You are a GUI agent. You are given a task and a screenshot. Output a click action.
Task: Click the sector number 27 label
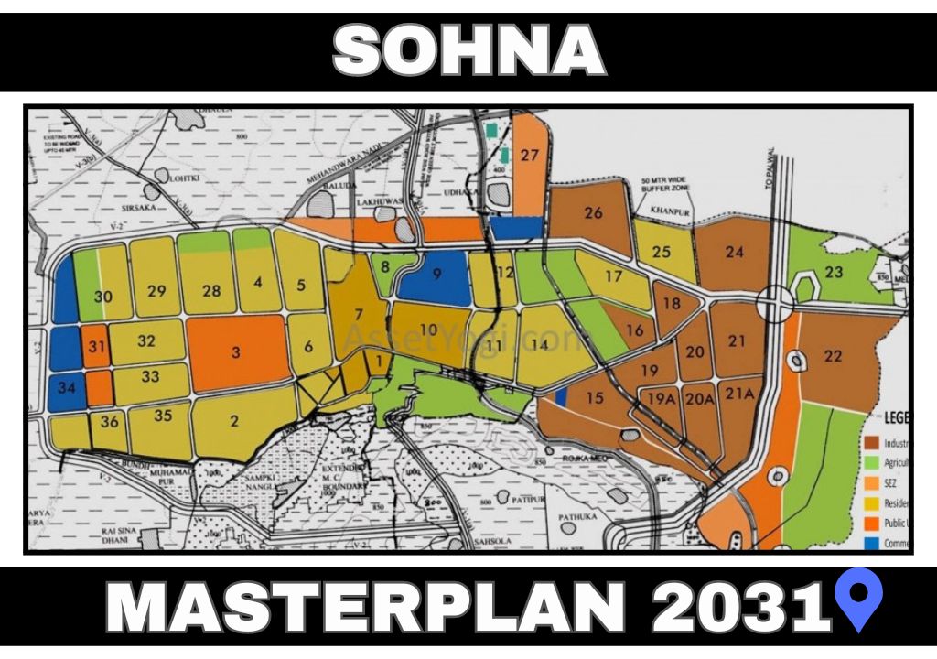[530, 155]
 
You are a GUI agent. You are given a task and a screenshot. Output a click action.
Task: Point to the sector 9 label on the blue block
[436, 272]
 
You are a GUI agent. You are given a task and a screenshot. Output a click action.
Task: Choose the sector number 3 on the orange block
[236, 352]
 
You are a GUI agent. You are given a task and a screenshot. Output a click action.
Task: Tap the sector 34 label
[66, 387]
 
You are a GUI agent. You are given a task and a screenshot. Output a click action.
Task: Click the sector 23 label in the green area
[833, 272]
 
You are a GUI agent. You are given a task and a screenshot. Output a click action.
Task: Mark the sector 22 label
[833, 357]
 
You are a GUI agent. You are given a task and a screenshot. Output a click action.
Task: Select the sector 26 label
[593, 213]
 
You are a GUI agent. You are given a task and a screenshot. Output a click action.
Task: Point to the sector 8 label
[386, 267]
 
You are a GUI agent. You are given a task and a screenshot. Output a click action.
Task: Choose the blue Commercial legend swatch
[871, 543]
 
